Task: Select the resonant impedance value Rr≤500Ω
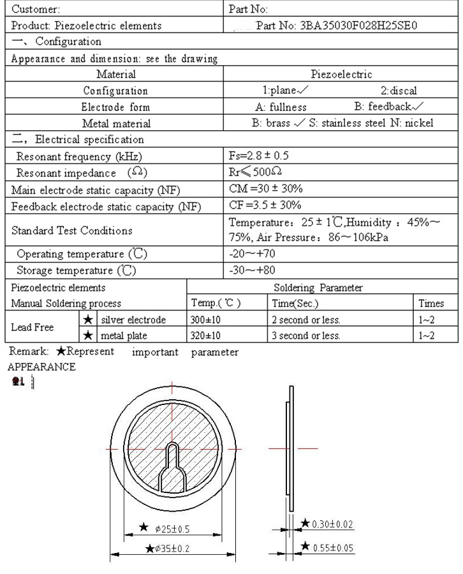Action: [x=256, y=173]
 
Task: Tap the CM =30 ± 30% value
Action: [x=265, y=189]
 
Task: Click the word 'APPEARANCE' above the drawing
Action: [x=41, y=367]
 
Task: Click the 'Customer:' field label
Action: [x=36, y=10]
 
